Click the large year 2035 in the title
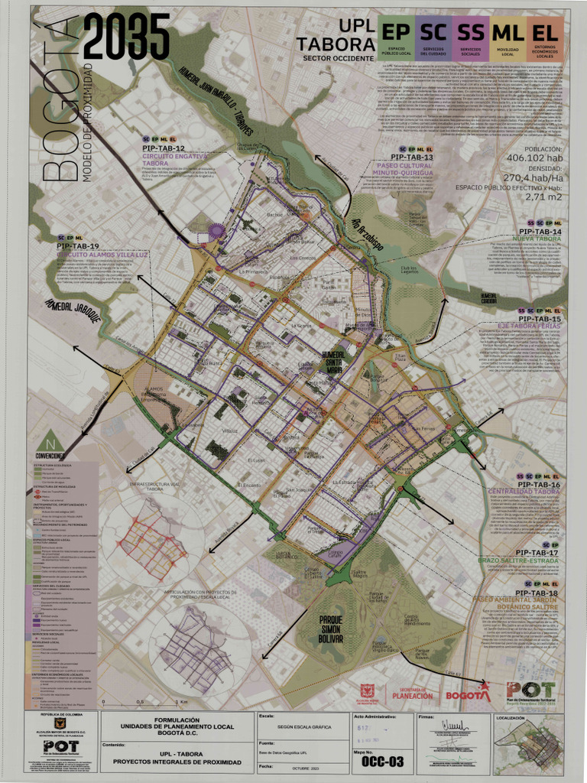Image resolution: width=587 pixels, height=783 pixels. tap(126, 38)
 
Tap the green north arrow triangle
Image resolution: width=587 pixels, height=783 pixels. tap(50, 441)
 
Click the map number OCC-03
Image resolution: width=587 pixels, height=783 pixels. tap(382, 762)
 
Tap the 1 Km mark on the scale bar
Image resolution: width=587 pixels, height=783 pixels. tap(181, 702)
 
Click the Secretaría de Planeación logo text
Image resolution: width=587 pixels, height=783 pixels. tap(412, 694)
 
